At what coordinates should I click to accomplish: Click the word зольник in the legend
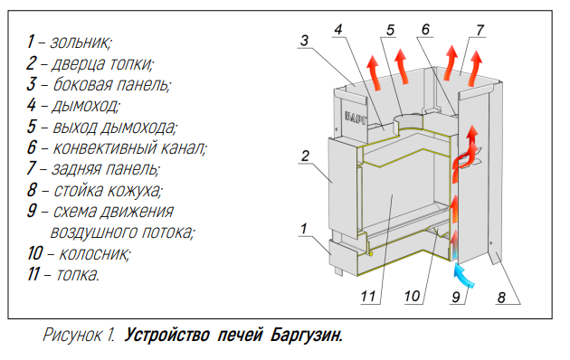[81, 43]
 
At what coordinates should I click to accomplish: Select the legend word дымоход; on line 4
[85, 106]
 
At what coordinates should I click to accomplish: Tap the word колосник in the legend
[94, 253]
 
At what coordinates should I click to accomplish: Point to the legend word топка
[78, 274]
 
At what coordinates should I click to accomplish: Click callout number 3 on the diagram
[304, 41]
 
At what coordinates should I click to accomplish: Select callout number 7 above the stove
[480, 30]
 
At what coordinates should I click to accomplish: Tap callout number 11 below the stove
[368, 297]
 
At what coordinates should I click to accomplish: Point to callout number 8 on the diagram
[501, 298]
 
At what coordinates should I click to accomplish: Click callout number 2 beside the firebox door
[305, 156]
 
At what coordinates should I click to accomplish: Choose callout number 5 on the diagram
[390, 30]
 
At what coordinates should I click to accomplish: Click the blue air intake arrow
[464, 276]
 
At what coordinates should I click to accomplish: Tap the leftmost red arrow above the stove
[375, 72]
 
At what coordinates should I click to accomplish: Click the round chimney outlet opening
[409, 120]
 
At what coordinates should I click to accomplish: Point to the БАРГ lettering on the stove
[356, 118]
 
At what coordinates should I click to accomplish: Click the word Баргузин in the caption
[307, 335]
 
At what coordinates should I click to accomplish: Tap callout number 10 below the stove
[413, 297]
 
